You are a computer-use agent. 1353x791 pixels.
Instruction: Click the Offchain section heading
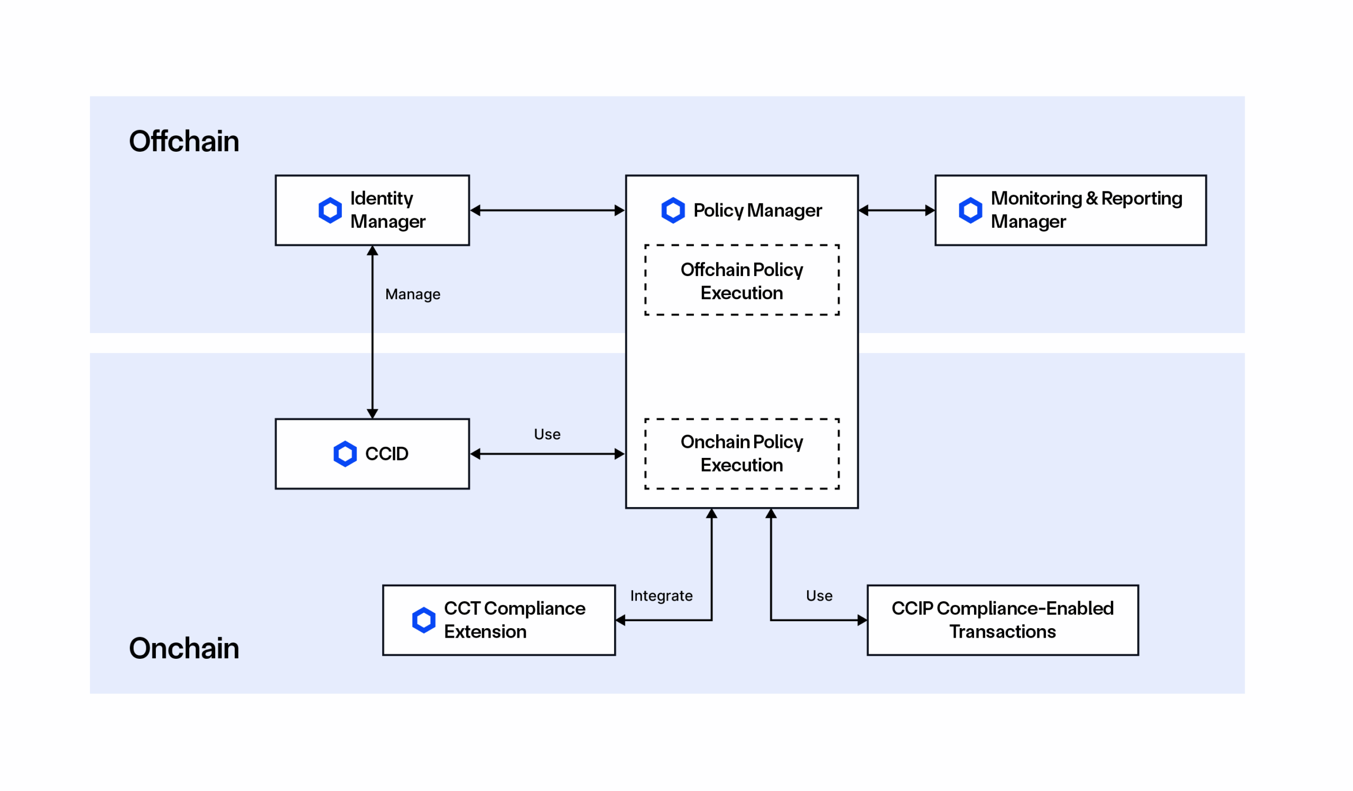pyautogui.click(x=183, y=141)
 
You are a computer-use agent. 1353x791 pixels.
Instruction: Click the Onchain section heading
pyautogui.click(x=183, y=648)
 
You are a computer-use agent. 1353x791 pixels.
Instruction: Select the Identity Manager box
pyautogui.click(x=372, y=210)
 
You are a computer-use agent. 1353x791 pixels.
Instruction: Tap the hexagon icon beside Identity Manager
pyautogui.click(x=330, y=210)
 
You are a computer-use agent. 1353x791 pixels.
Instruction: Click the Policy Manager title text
pyautogui.click(x=757, y=210)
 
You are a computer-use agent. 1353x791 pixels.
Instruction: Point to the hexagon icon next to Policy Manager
pyautogui.click(x=673, y=210)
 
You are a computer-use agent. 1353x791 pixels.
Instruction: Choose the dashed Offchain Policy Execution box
pyautogui.click(x=742, y=280)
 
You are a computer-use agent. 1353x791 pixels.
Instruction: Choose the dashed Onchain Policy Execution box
pyautogui.click(x=742, y=454)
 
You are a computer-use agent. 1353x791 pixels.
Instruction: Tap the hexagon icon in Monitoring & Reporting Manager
pyautogui.click(x=970, y=210)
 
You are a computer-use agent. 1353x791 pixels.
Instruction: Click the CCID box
pyautogui.click(x=372, y=454)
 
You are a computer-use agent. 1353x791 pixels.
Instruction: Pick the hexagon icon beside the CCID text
pyautogui.click(x=345, y=454)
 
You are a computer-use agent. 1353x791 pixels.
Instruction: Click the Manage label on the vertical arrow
pyautogui.click(x=412, y=295)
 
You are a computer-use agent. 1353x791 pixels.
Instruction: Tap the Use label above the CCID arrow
pyautogui.click(x=546, y=434)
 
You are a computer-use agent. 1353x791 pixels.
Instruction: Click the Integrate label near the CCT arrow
pyautogui.click(x=661, y=595)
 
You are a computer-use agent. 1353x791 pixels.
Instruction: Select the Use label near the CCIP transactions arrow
pyautogui.click(x=819, y=595)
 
